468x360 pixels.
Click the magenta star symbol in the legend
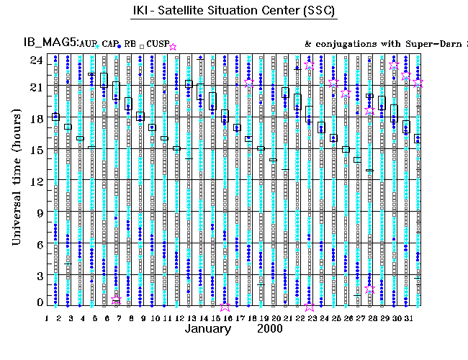coord(173,47)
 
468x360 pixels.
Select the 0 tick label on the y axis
coord(40,303)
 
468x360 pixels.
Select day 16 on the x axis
coord(226,317)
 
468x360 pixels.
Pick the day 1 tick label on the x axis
coord(48,317)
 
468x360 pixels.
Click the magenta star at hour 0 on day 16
coord(226,305)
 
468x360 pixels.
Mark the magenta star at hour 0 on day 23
coord(310,305)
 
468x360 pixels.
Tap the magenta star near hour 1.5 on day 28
coord(369,289)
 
